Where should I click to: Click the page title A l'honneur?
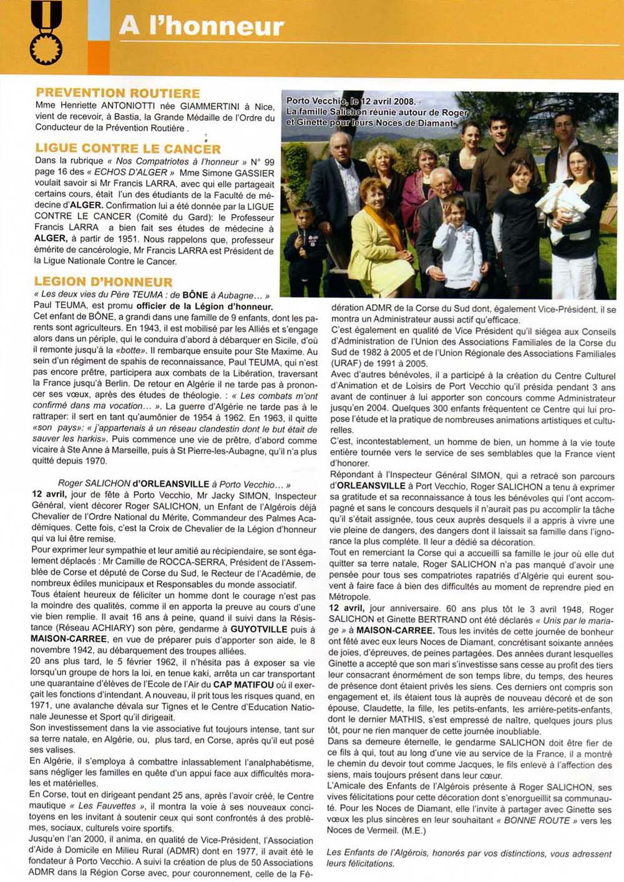[201, 26]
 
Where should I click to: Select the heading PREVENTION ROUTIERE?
[118, 93]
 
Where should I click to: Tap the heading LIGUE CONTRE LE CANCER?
[128, 149]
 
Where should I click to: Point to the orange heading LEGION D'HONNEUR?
[104, 282]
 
